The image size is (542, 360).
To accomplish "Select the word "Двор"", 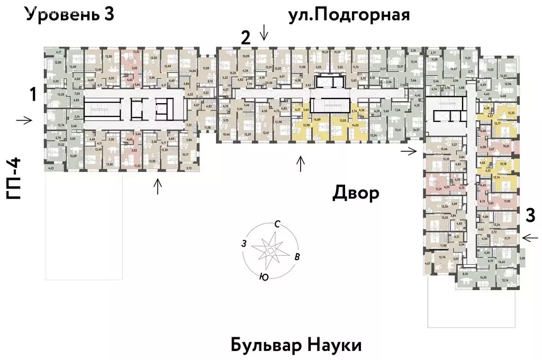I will click(356, 193).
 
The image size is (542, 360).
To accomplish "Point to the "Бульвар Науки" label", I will click(296, 346).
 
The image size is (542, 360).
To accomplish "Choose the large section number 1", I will click(33, 95).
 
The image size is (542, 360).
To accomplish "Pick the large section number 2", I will click(245, 38).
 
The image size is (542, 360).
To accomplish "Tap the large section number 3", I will click(529, 215).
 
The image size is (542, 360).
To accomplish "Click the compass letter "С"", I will click(277, 224).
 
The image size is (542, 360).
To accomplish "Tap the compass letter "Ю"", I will click(263, 276).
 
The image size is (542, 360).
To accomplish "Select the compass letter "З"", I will click(244, 244).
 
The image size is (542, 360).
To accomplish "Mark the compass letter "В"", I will click(297, 257).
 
